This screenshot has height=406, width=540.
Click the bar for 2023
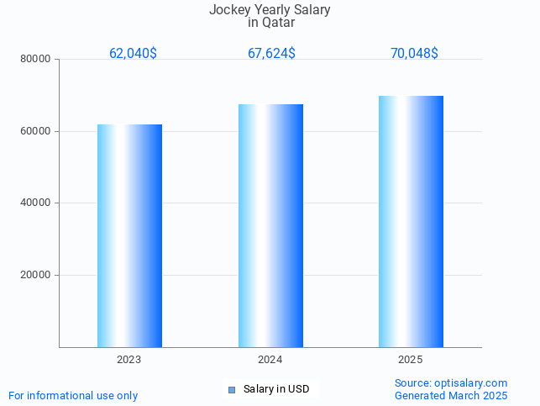pos(129,235)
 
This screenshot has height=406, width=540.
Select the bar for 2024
pos(270,225)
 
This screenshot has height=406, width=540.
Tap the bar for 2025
pos(411,221)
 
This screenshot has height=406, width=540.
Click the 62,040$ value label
pos(133,54)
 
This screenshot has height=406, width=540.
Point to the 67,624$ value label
pos(271,54)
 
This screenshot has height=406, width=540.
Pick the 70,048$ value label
pos(414,54)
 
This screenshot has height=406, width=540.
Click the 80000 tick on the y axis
pos(37,60)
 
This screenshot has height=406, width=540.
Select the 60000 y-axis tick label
pos(37,131)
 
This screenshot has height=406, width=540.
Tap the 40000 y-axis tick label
pos(37,203)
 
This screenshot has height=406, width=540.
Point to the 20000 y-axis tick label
pos(37,275)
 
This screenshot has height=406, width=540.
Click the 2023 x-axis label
pos(129,360)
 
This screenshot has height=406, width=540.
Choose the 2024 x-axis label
pos(270,360)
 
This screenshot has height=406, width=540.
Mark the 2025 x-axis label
pos(411,360)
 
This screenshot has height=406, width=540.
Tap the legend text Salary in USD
pos(276,389)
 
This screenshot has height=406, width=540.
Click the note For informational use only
pos(73,395)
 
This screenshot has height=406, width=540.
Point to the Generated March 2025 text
pos(451,395)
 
